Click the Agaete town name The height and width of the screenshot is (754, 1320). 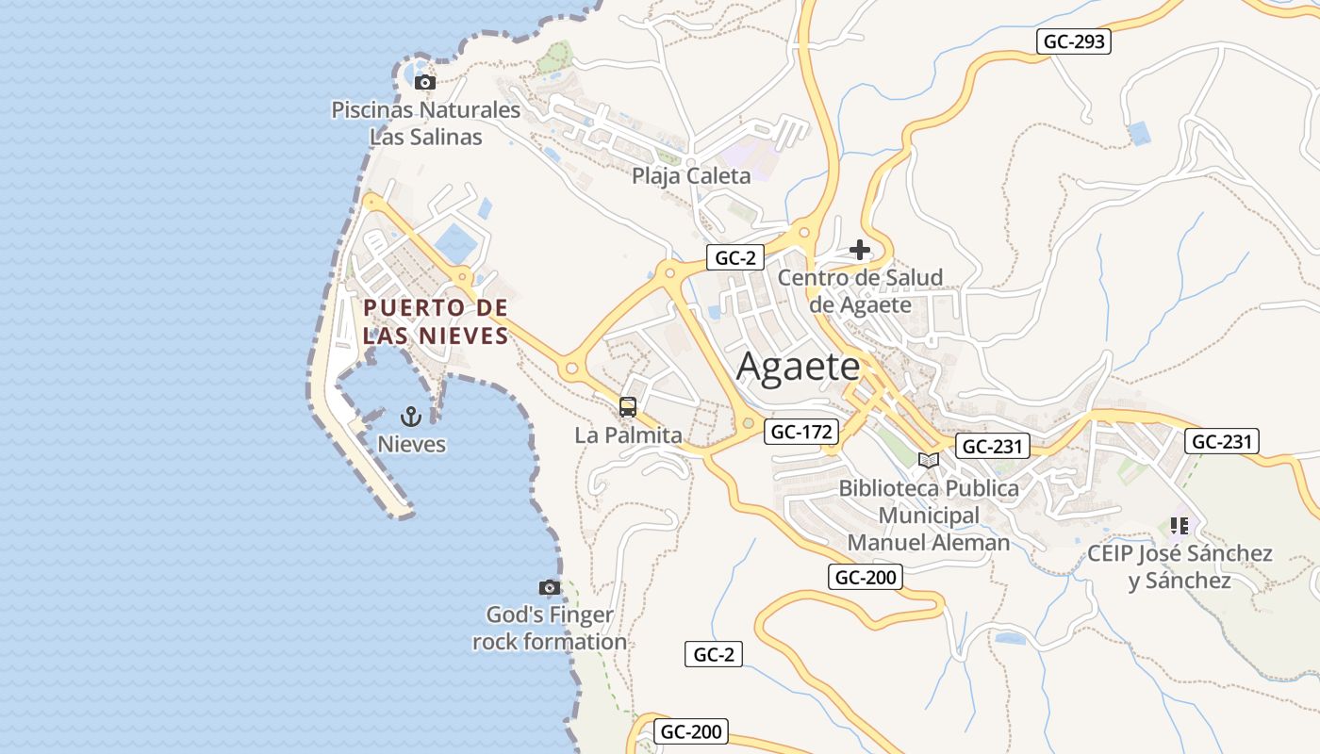(x=798, y=367)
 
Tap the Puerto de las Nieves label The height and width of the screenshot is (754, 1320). (x=436, y=321)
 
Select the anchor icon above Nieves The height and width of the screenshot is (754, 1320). (x=410, y=416)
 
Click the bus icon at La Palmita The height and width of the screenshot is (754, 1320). (x=628, y=407)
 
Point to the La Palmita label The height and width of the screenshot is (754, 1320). (x=628, y=435)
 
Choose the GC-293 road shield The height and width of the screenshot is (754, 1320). (x=1073, y=41)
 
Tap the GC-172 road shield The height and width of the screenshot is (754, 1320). (x=801, y=432)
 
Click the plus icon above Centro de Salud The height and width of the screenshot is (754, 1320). (x=859, y=250)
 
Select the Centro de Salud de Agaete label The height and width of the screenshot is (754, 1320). (x=860, y=291)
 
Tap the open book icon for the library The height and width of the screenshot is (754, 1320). (x=929, y=460)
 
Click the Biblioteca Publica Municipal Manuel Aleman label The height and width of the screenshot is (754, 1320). (x=929, y=516)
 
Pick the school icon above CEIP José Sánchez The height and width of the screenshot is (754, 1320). (x=1179, y=525)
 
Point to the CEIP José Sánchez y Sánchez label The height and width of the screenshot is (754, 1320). (x=1180, y=566)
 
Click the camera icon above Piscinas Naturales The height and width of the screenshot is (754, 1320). (x=425, y=82)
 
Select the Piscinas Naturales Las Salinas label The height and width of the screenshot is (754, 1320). (x=425, y=123)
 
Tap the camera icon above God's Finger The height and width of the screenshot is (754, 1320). (x=550, y=587)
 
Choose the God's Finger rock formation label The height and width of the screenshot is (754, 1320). (x=550, y=629)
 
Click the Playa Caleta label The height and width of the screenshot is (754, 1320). (x=691, y=175)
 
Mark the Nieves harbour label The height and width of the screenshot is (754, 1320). (x=411, y=444)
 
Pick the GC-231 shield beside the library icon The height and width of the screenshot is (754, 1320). (x=992, y=446)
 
